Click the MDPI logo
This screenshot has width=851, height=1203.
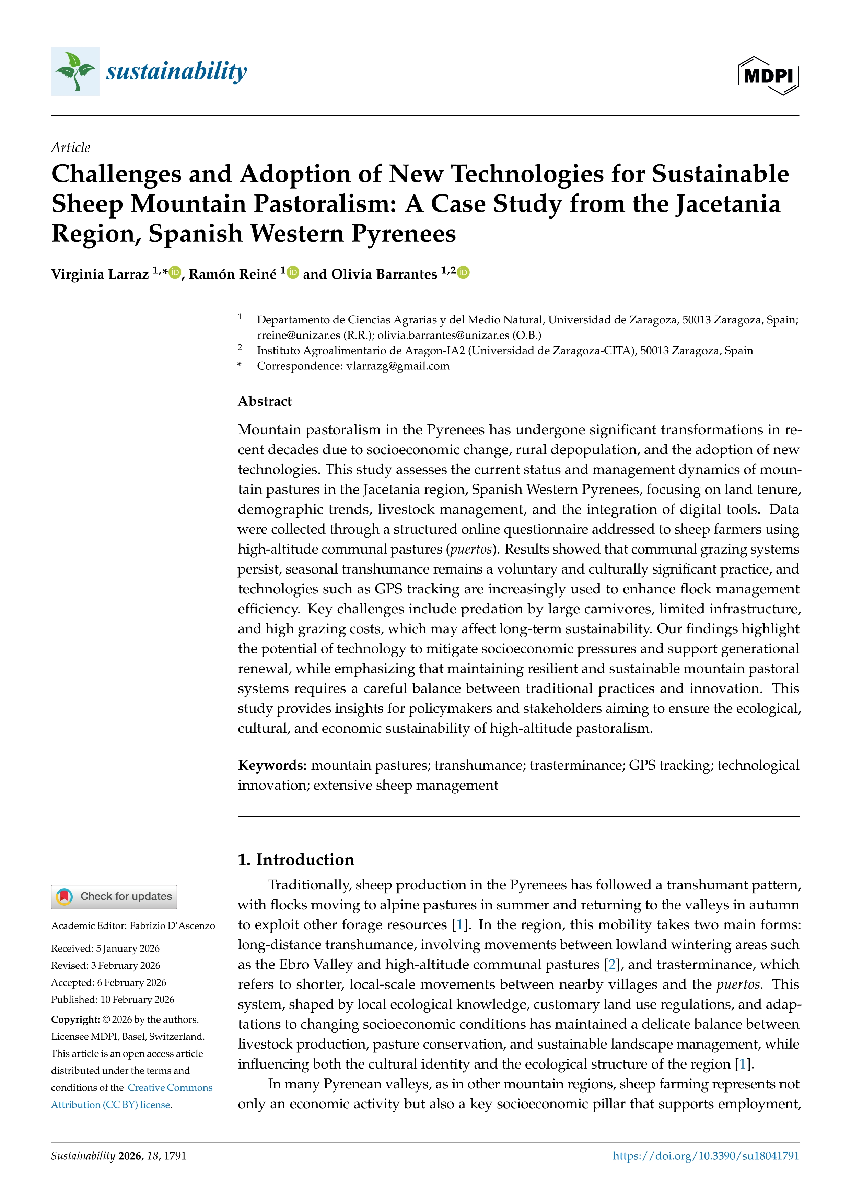768,75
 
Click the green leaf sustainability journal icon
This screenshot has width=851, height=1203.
75,71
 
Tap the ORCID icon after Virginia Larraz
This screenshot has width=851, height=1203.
175,272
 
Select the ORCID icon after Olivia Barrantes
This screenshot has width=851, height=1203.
463,272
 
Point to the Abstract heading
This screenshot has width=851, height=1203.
265,401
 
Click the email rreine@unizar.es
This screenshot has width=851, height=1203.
298,335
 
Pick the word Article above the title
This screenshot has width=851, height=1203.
70,148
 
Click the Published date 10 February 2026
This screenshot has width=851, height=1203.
137,1000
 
